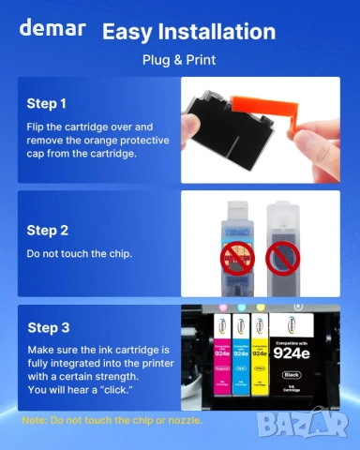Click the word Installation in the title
pyautogui.click(x=217, y=32)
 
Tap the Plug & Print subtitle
pyautogui.click(x=179, y=60)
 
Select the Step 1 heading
pyautogui.click(x=47, y=103)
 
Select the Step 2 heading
pyautogui.click(x=47, y=230)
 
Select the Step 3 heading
pyautogui.click(x=47, y=327)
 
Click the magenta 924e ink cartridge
pyautogui.click(x=222, y=360)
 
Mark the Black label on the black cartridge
pyautogui.click(x=293, y=375)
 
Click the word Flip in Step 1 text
pyautogui.click(x=37, y=125)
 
